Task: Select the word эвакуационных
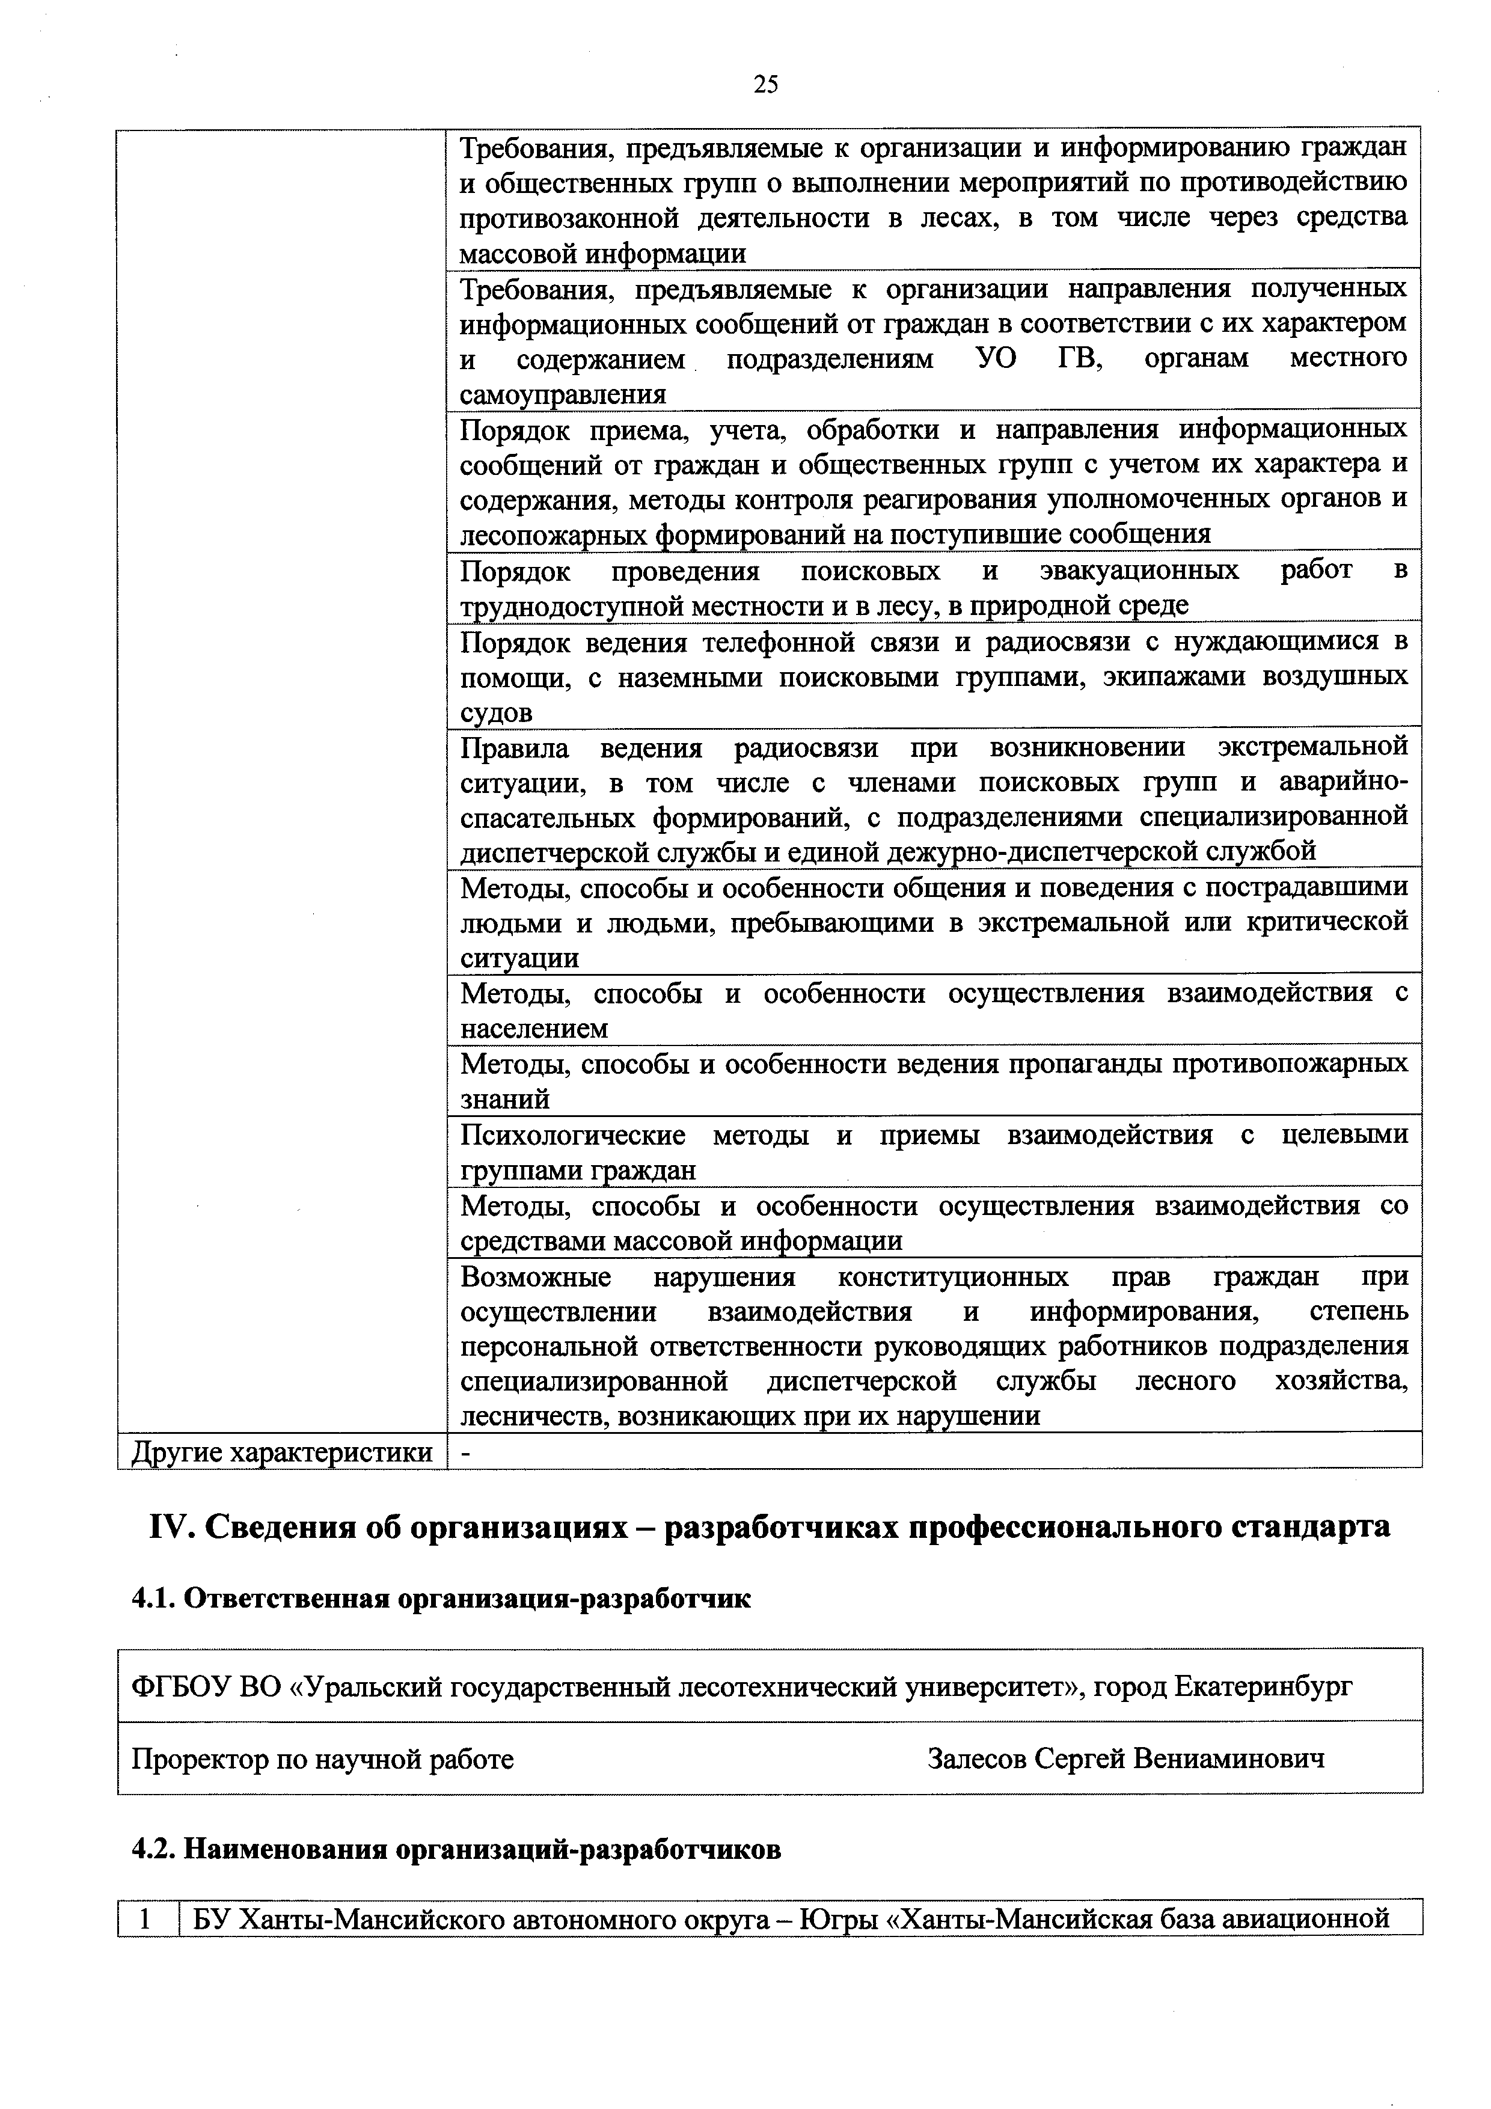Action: tap(1139, 571)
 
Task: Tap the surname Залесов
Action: tap(976, 1759)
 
